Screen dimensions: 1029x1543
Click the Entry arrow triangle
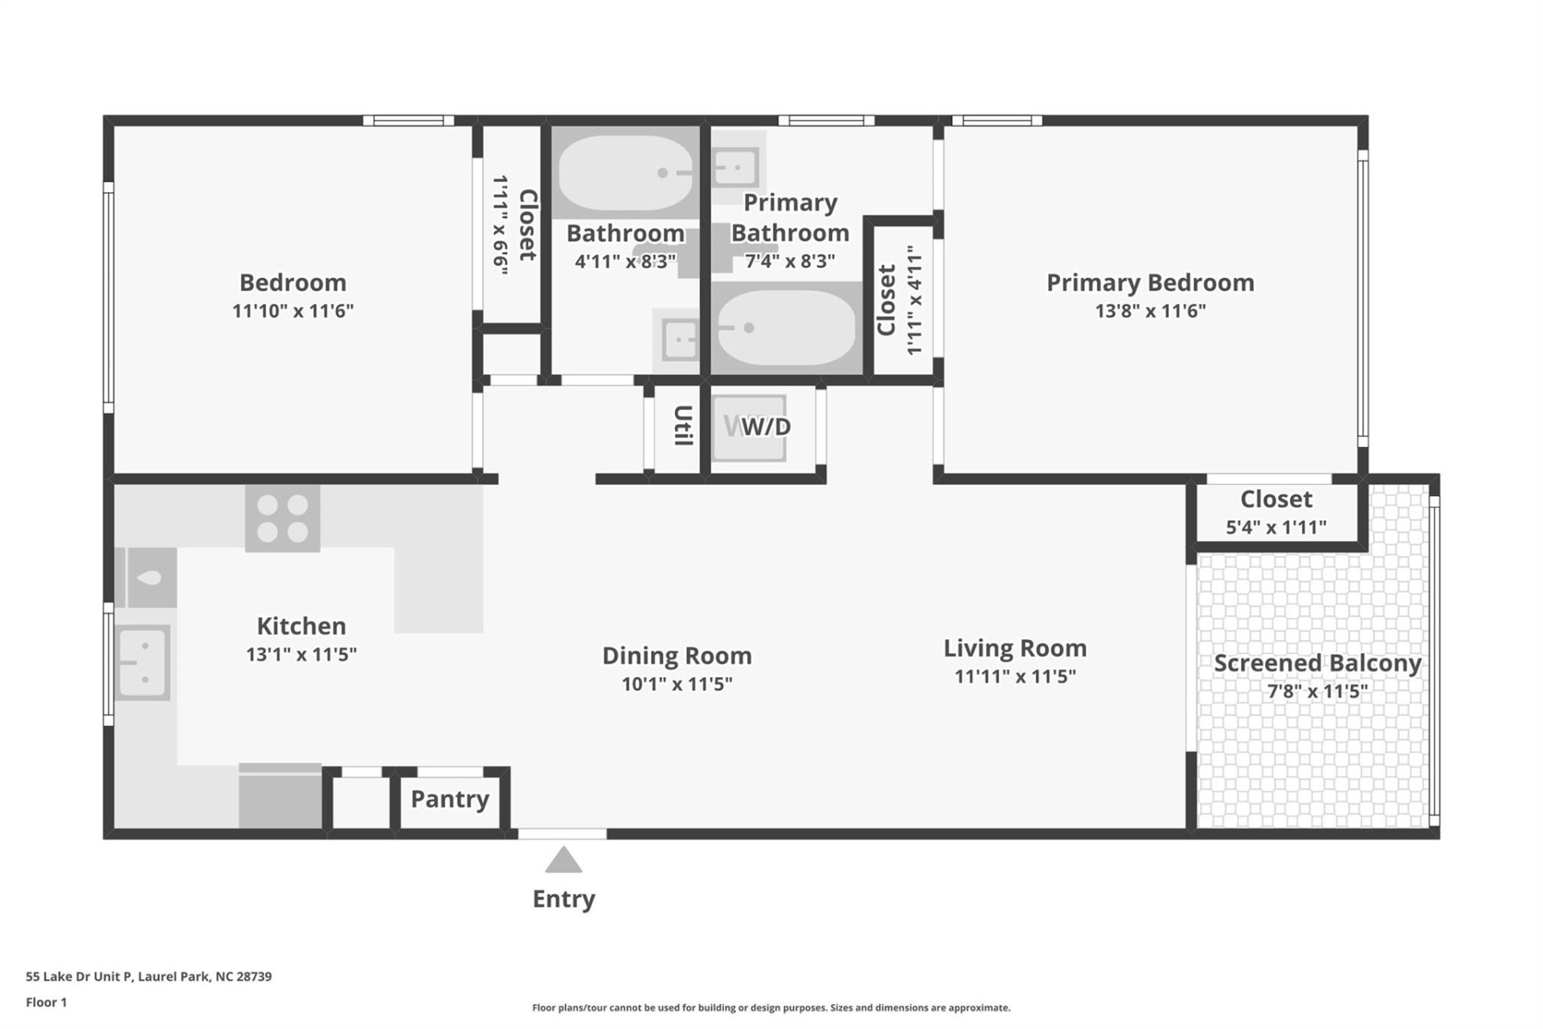coord(563,860)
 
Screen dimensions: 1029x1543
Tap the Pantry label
coord(449,799)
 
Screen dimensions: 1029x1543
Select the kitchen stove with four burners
coord(282,519)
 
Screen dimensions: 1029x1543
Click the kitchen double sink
coord(143,662)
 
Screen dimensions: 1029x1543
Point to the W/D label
coord(765,427)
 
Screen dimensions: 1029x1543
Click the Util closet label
coord(682,425)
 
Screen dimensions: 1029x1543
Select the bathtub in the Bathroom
coord(624,172)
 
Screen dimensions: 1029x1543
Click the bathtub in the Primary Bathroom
coord(785,327)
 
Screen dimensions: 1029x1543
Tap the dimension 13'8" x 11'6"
coord(1149,311)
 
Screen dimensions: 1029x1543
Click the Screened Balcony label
coord(1316,663)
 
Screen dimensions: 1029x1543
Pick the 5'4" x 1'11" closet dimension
coord(1275,527)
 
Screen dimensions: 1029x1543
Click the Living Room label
coord(1014,648)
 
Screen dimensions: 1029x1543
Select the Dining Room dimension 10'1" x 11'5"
coord(677,684)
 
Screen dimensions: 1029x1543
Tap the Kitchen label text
coord(301,625)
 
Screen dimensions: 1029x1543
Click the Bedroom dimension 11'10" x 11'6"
coord(293,311)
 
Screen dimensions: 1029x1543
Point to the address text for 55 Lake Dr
coord(149,976)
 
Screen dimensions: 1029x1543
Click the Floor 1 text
coord(47,1002)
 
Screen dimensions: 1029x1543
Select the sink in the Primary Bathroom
coord(735,168)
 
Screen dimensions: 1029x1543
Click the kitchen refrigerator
coord(280,796)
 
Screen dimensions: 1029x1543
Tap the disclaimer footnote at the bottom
coord(771,1007)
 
